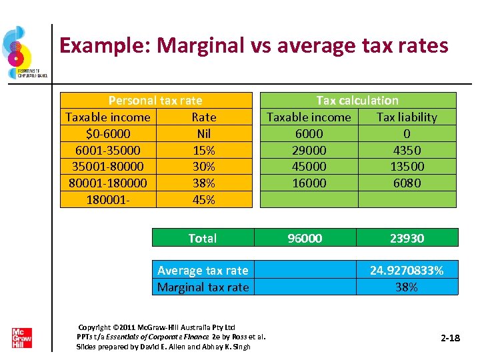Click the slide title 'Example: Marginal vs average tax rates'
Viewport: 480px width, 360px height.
coord(253,45)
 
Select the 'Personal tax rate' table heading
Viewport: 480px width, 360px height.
coord(155,101)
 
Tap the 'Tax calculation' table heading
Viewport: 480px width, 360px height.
coord(357,101)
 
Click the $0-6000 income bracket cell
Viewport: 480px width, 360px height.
coord(108,134)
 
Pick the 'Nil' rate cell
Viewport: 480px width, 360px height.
coord(203,134)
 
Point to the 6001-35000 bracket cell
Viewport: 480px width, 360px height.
coord(108,151)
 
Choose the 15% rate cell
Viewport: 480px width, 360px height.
coord(203,151)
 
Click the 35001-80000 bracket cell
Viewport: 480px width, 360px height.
coord(108,167)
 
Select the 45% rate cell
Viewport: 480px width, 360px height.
coord(203,200)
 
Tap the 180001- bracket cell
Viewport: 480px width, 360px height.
coord(108,200)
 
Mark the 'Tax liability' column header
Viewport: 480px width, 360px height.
coord(407,117)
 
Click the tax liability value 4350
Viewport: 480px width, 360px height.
coord(407,151)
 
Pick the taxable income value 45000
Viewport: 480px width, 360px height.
coord(309,167)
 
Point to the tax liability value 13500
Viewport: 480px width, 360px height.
coord(407,167)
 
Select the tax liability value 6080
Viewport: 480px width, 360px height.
coord(407,183)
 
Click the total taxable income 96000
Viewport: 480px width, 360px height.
coord(305,238)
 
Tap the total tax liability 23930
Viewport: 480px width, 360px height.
coord(407,238)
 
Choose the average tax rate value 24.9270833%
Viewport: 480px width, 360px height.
coord(407,270)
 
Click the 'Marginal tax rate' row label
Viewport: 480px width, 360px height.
coord(203,287)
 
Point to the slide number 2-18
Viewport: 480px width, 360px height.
coord(451,339)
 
